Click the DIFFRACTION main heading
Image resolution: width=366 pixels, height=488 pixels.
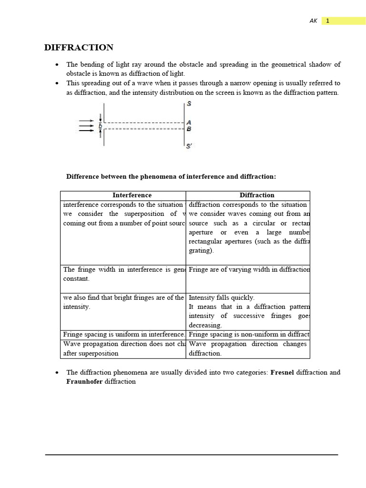[79, 48]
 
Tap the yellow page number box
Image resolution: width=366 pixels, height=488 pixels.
[343, 21]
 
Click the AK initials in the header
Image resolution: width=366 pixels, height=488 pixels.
[313, 21]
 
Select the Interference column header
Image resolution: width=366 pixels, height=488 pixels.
[132, 195]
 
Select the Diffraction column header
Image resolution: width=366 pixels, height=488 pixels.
[257, 195]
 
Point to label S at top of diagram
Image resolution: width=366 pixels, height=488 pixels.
[189, 104]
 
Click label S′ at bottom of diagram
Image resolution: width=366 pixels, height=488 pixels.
[189, 146]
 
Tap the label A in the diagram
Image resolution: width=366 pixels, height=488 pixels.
[189, 122]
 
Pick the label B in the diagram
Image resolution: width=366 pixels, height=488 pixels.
[189, 129]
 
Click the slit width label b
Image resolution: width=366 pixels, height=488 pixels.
[100, 126]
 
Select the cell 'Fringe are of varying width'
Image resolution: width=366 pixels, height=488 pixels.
[249, 270]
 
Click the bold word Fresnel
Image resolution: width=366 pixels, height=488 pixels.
[282, 372]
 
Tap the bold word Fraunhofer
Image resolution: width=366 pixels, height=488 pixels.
[84, 382]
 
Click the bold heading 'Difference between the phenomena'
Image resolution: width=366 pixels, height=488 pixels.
[171, 177]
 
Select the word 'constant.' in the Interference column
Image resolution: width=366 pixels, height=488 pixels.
[76, 279]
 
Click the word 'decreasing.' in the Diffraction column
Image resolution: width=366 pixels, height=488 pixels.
[205, 325]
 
